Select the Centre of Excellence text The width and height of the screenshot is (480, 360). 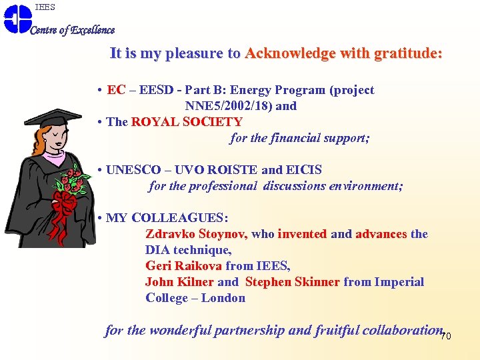[x=73, y=30]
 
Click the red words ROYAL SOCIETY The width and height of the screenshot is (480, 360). [x=187, y=122]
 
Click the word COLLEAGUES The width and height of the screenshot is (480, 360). [x=179, y=218]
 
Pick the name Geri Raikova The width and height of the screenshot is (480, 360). [x=183, y=266]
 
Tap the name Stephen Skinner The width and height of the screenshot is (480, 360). [x=293, y=282]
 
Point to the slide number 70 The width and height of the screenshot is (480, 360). [x=446, y=336]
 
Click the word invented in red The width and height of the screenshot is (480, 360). [x=302, y=234]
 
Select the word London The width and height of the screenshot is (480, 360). [x=223, y=298]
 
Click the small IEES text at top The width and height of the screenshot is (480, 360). [x=45, y=7]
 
